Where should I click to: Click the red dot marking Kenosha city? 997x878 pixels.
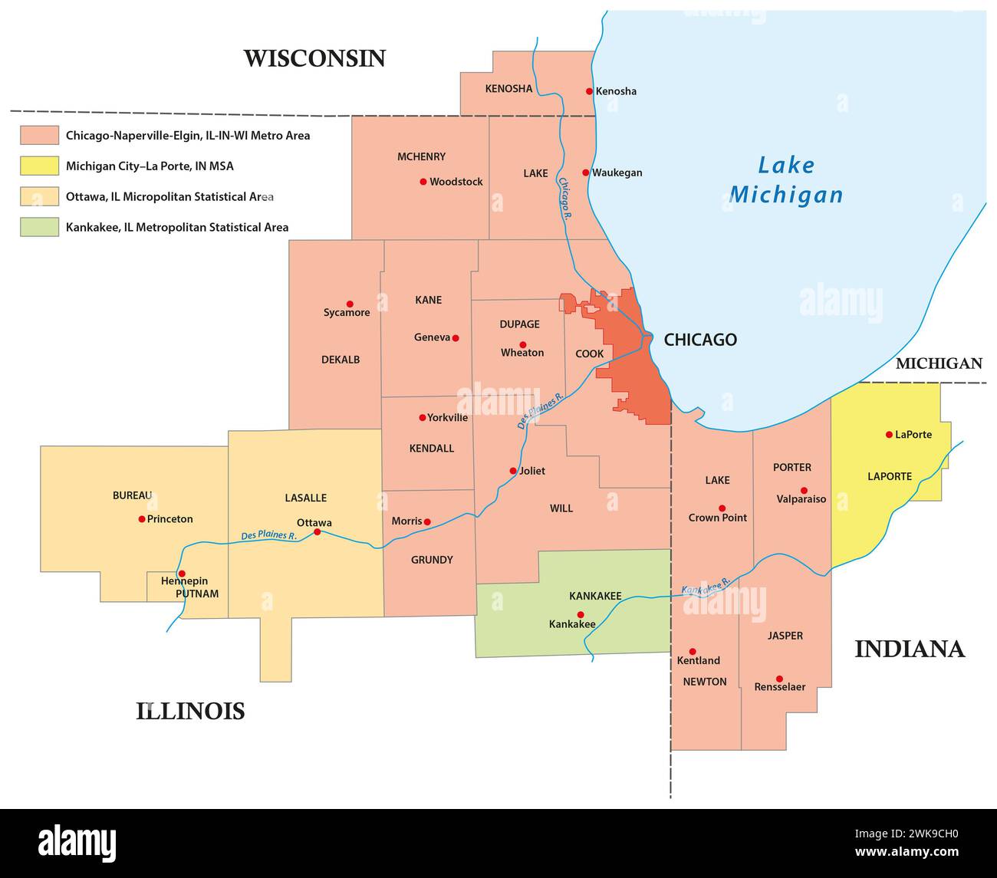(589, 91)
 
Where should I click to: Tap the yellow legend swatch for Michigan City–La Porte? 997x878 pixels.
(39, 166)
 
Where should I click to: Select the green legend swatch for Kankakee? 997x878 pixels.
(39, 227)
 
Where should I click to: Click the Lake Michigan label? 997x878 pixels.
(786, 180)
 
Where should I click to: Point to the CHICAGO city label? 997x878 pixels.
(699, 340)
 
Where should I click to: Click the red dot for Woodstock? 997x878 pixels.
(423, 182)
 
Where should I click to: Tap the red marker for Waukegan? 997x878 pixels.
(585, 173)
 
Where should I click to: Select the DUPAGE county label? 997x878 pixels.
(519, 324)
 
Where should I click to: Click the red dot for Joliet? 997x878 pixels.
(513, 471)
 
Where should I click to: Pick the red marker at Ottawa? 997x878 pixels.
(317, 531)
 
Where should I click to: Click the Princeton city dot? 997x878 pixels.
(142, 519)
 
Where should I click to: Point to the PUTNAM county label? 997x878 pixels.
(197, 594)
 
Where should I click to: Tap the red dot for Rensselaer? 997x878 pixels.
(779, 679)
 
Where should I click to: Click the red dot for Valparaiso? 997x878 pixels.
(804, 491)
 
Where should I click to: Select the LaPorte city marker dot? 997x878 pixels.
(889, 435)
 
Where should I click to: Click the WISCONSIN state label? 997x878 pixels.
(314, 58)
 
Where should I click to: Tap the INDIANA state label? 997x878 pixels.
(910, 649)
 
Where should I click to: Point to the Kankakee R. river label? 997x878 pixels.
(706, 587)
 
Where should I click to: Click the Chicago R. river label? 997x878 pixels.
(565, 199)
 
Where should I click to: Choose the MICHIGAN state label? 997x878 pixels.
(939, 363)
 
